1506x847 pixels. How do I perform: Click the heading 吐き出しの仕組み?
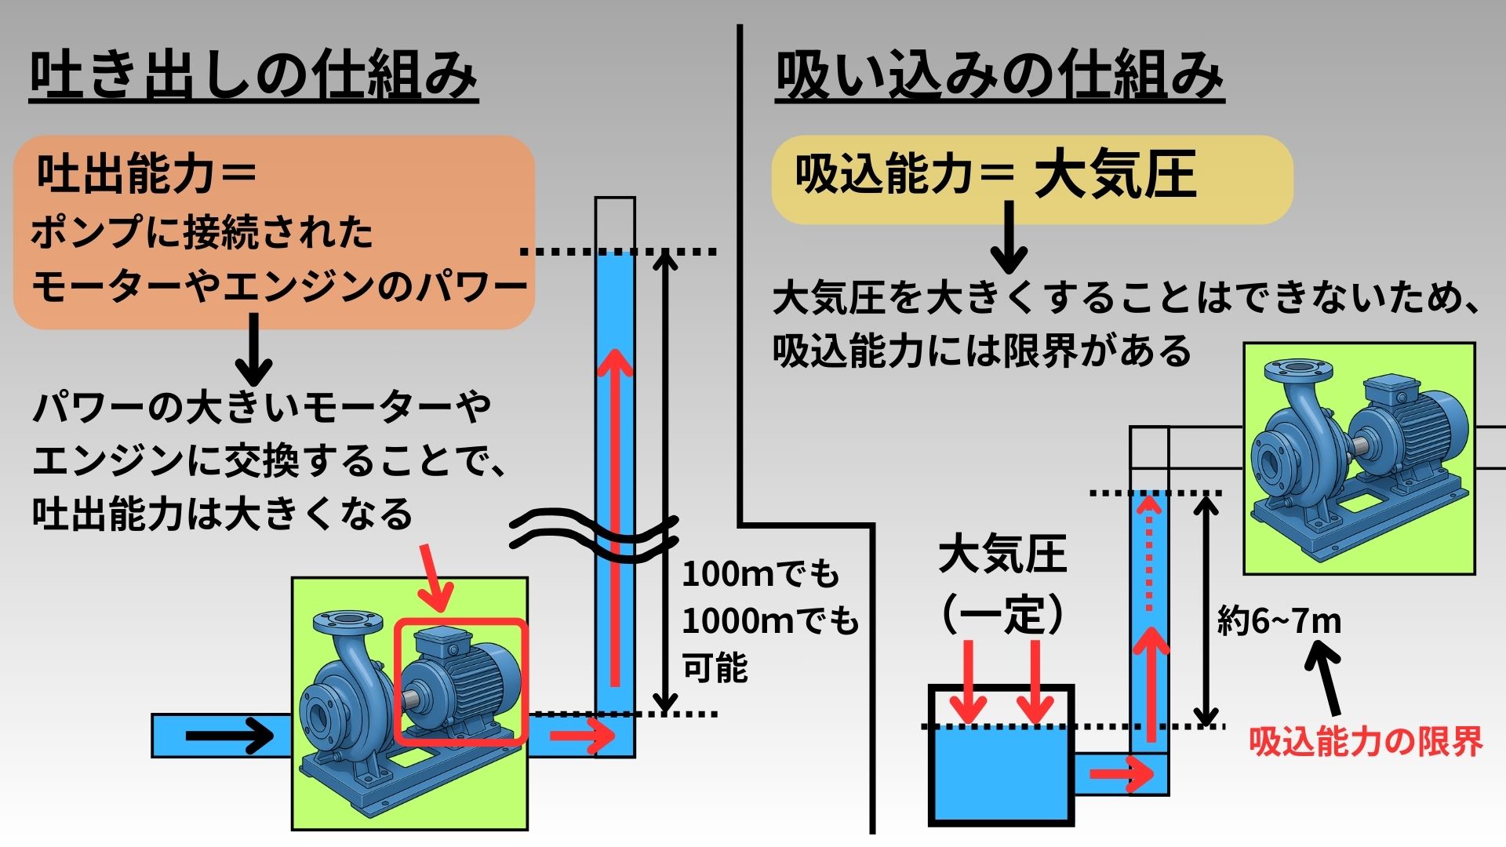pyautogui.click(x=253, y=76)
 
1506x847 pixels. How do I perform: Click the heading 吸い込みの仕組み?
pyautogui.click(x=999, y=76)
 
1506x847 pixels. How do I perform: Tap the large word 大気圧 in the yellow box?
pyautogui.click(x=1115, y=174)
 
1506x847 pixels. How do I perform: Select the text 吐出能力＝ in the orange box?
pyautogui.click(x=147, y=173)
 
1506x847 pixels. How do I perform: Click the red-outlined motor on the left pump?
pyautogui.click(x=460, y=682)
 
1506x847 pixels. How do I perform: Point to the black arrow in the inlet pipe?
pyautogui.click(x=229, y=736)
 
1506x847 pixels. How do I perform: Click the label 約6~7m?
pyautogui.click(x=1279, y=621)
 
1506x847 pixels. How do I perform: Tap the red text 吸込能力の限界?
pyautogui.click(x=1366, y=740)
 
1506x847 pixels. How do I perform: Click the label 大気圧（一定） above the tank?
pyautogui.click(x=1002, y=584)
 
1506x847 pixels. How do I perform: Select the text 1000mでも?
pyautogui.click(x=770, y=621)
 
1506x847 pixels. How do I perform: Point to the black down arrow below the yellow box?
pyautogui.click(x=1009, y=236)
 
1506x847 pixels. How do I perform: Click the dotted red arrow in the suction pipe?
pyautogui.click(x=1150, y=551)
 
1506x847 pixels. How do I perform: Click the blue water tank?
pyautogui.click(x=1001, y=755)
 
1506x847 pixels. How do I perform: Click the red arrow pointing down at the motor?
pyautogui.click(x=434, y=577)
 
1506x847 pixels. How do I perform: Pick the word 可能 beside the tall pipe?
pyautogui.click(x=715, y=668)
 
